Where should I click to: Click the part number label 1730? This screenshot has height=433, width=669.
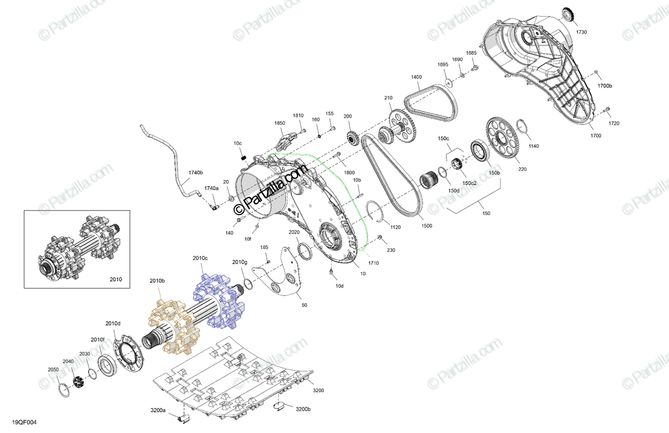click(x=581, y=32)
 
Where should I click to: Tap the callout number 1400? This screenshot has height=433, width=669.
click(x=416, y=77)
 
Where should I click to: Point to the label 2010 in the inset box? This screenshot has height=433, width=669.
click(x=115, y=279)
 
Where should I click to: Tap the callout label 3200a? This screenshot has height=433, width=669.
click(x=158, y=410)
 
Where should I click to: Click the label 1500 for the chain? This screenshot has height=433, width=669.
click(x=426, y=226)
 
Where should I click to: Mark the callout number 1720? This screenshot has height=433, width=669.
click(x=614, y=123)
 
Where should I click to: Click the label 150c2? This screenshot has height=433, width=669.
click(x=469, y=183)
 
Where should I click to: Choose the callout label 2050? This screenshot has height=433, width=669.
click(x=53, y=369)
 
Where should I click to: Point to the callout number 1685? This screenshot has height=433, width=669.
click(x=471, y=53)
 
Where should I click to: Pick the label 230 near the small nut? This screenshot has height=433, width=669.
click(x=391, y=250)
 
